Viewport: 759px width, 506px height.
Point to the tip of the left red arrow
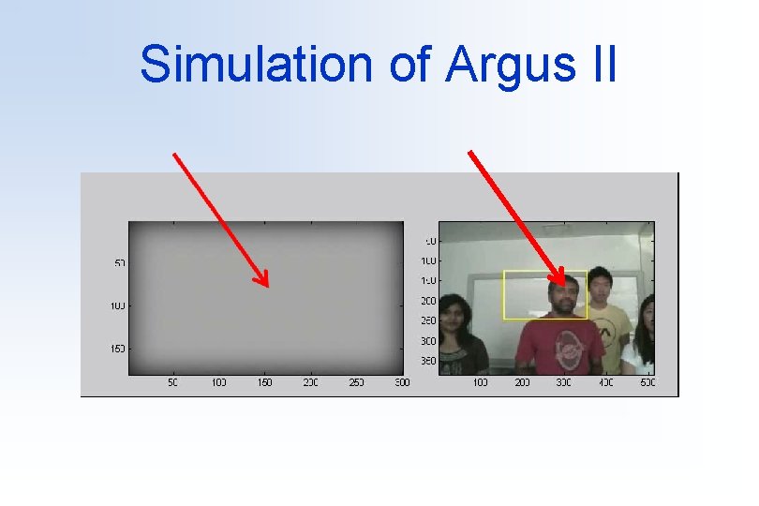[x=267, y=285]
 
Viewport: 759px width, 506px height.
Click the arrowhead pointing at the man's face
[x=563, y=282]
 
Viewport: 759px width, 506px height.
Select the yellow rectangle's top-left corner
[x=504, y=272]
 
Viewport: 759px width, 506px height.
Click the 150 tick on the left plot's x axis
[x=265, y=382]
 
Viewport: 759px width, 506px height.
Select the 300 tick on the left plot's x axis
[x=402, y=382]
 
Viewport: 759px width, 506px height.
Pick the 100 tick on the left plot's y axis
[x=118, y=305]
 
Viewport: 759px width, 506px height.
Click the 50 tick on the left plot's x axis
[x=173, y=382]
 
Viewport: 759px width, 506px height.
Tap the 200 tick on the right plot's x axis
[x=522, y=382]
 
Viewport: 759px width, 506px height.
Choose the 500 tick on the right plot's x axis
[x=647, y=382]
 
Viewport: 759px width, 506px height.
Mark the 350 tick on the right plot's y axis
[x=428, y=361]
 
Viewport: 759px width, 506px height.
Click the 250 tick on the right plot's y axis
[x=428, y=320]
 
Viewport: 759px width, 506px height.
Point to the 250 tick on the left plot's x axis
[x=356, y=382]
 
